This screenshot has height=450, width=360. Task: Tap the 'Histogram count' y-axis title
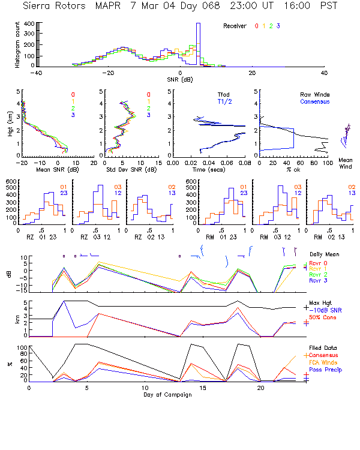tap(19, 44)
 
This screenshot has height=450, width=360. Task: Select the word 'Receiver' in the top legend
tap(235, 26)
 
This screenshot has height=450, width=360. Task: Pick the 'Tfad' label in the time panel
tap(224, 95)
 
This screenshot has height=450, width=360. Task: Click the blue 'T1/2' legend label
tap(224, 101)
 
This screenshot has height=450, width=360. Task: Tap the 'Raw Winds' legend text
tap(314, 95)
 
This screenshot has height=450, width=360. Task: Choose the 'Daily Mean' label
tap(325, 254)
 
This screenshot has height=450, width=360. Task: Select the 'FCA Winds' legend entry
tap(326, 362)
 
